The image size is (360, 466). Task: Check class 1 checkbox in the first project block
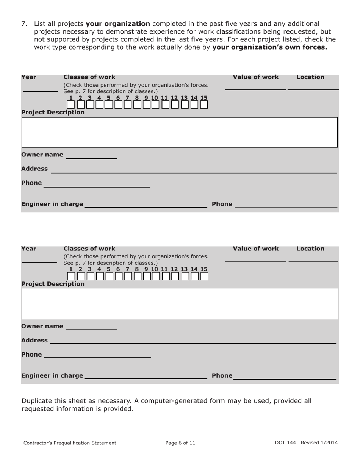[x=71, y=105]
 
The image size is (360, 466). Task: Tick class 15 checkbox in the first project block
[x=204, y=105]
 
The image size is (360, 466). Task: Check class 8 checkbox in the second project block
[x=138, y=277]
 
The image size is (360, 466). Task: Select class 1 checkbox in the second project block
[x=71, y=277]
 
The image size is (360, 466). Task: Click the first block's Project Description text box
[x=180, y=132]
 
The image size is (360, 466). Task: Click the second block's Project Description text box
[x=180, y=303]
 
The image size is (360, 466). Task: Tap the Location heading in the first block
[x=310, y=77]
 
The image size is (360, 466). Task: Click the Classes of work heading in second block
[x=89, y=249]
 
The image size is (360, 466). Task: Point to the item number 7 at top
[x=24, y=24]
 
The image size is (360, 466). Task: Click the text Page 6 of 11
[x=180, y=443]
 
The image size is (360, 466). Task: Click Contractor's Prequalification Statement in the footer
[x=70, y=443]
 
